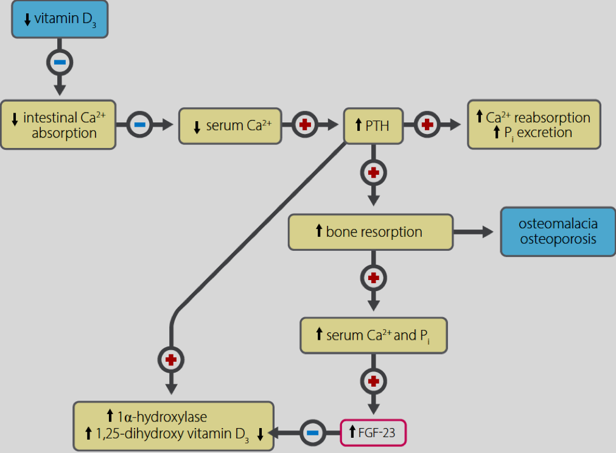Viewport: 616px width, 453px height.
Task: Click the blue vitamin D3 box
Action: [60, 19]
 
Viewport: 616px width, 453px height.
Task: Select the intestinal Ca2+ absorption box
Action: [58, 125]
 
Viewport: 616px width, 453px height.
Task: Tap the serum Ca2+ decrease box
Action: [230, 126]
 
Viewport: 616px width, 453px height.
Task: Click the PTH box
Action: [373, 125]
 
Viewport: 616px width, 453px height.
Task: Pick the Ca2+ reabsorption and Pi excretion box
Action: [534, 125]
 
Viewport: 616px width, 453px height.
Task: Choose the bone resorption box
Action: [371, 232]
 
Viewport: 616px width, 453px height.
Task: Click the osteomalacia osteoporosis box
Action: [558, 232]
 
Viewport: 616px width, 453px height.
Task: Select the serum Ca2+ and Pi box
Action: [374, 335]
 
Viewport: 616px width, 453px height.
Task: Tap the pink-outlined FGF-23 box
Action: [373, 432]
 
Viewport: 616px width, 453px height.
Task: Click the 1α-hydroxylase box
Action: [173, 426]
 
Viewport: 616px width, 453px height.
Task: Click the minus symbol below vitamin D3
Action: [60, 62]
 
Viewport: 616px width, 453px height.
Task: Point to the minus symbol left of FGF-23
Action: [313, 433]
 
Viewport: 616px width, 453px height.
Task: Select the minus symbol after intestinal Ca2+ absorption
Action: [140, 125]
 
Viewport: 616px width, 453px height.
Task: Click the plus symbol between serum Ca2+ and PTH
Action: [305, 125]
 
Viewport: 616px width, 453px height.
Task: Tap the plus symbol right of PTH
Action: [427, 125]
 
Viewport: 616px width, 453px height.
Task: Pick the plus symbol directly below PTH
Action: [374, 172]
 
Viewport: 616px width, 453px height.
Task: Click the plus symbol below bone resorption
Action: [374, 278]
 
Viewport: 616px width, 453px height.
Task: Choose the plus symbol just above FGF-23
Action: [374, 381]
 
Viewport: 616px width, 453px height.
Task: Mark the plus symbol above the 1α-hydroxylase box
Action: [171, 360]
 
